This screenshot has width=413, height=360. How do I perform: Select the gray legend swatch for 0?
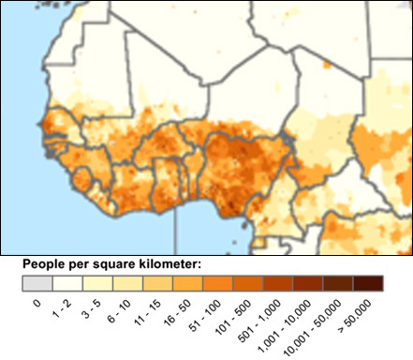click(37, 283)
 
